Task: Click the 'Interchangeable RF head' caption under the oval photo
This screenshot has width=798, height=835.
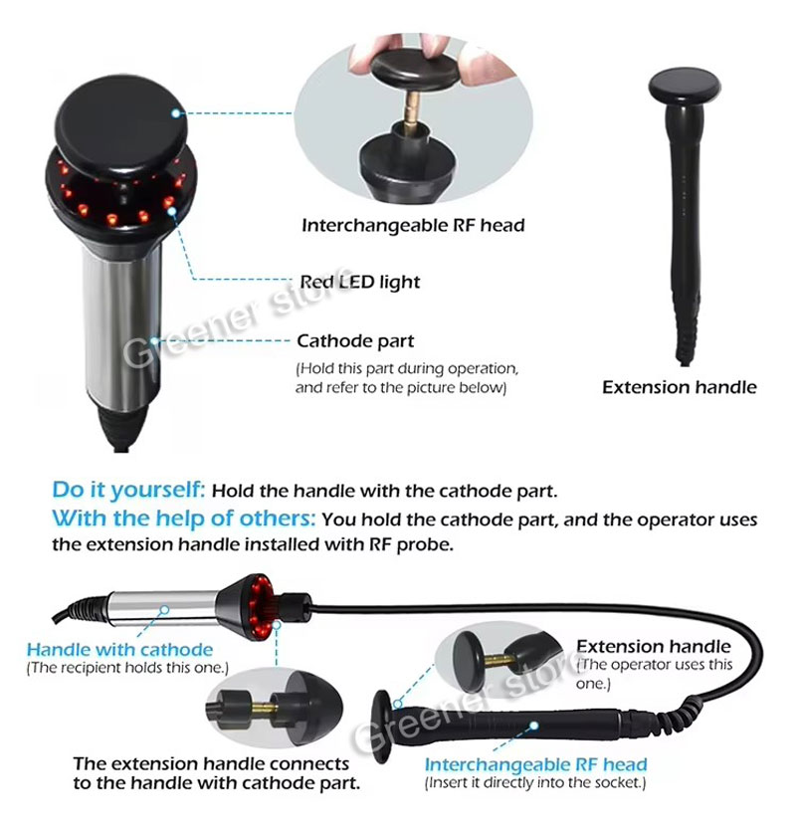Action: (413, 225)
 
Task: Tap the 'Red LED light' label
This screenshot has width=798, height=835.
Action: (360, 282)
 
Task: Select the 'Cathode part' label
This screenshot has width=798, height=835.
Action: (355, 340)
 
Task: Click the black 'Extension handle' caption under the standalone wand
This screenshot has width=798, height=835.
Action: (680, 387)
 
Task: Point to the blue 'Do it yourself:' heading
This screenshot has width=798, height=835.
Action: (128, 490)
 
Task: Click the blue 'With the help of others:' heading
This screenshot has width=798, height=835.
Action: (184, 519)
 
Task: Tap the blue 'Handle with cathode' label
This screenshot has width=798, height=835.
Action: (119, 650)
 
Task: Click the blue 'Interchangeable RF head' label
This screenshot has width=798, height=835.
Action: (535, 764)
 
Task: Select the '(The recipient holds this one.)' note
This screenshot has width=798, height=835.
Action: (127, 668)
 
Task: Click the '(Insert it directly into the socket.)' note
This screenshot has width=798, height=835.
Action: (535, 783)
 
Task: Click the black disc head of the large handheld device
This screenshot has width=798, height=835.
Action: (121, 126)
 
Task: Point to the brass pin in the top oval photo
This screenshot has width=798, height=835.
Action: (411, 110)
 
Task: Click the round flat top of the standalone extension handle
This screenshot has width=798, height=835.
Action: (685, 85)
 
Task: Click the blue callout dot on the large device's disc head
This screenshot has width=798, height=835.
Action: (176, 113)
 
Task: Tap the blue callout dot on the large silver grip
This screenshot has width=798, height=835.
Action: (154, 340)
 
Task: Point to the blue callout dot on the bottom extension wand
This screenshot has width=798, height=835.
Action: (534, 726)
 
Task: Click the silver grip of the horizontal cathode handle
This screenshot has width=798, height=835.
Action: (162, 607)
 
